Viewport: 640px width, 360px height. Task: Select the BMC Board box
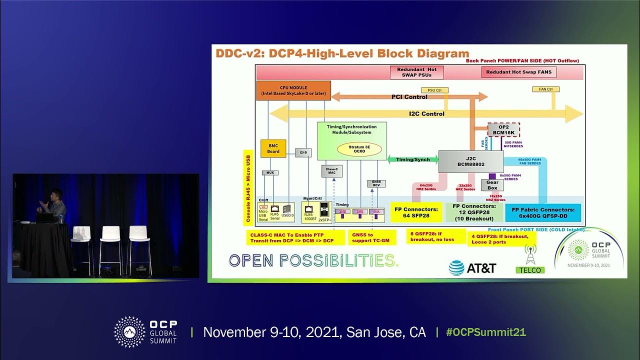click(273, 148)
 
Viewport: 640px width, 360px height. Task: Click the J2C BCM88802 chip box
click(470, 161)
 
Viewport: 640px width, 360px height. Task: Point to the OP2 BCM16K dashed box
click(503, 129)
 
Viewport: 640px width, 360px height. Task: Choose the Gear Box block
click(492, 185)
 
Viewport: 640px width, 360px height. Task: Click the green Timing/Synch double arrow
click(412, 159)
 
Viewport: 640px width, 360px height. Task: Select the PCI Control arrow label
click(409, 97)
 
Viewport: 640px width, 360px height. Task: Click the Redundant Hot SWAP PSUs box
click(417, 72)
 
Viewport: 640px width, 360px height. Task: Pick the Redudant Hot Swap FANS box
click(518, 72)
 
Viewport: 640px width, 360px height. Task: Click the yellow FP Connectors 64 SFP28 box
click(415, 212)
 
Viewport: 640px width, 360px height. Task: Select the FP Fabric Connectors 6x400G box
click(543, 213)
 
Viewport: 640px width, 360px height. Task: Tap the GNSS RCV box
click(376, 183)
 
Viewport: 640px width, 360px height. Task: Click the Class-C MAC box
click(331, 171)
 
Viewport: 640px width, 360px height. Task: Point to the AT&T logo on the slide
click(472, 268)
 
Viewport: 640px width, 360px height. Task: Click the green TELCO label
click(529, 270)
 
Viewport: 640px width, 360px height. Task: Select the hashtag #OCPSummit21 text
click(486, 332)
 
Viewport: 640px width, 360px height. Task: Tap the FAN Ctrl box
click(545, 89)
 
